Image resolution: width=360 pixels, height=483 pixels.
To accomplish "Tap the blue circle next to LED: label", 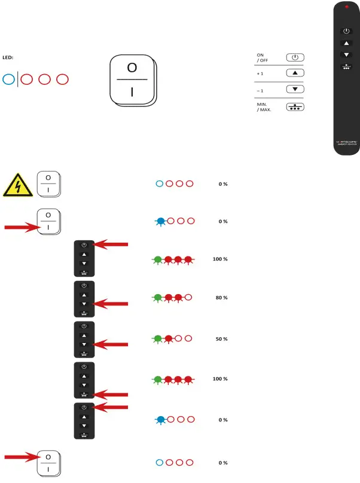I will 8,79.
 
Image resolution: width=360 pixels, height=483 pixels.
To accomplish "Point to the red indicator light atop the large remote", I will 347,7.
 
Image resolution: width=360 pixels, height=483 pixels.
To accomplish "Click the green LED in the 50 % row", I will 157,338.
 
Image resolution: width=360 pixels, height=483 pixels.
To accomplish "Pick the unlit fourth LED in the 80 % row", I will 189,297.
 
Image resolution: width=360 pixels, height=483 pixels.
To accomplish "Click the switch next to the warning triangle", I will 48,184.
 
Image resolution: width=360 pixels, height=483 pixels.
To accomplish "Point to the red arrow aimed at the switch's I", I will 21,227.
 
